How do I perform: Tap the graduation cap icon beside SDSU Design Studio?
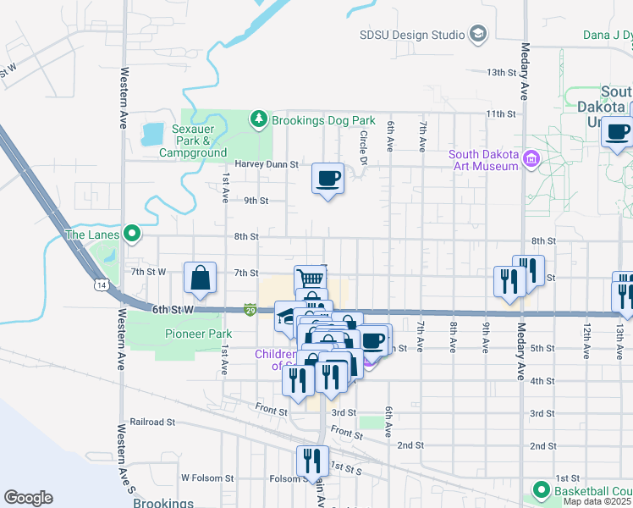(x=478, y=35)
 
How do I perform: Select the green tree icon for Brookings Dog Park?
(x=260, y=120)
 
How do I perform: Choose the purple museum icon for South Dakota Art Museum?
(x=531, y=159)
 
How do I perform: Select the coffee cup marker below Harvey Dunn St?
(x=328, y=179)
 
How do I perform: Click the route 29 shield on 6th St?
(x=250, y=311)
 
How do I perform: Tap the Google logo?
(x=28, y=498)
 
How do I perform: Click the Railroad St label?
(x=152, y=421)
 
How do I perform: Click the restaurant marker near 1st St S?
(x=312, y=461)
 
